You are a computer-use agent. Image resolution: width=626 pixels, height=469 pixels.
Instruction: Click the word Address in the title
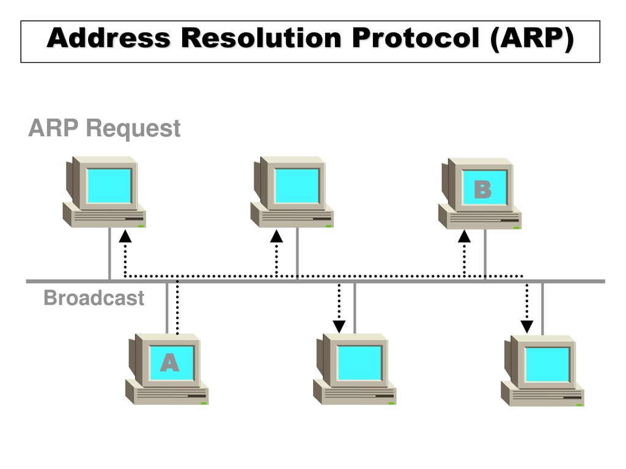pyautogui.click(x=109, y=38)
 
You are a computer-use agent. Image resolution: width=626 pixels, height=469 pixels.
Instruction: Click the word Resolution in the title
pyautogui.click(x=261, y=38)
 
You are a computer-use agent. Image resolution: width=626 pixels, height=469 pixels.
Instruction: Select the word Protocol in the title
pyautogui.click(x=416, y=38)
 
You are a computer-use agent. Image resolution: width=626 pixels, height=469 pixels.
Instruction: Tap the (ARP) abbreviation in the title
pyautogui.click(x=532, y=39)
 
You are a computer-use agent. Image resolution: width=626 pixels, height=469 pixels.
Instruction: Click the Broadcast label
pyautogui.click(x=94, y=298)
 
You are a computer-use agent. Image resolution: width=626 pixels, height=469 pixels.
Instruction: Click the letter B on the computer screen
pyautogui.click(x=482, y=189)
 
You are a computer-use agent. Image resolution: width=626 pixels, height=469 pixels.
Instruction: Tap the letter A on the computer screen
pyautogui.click(x=170, y=363)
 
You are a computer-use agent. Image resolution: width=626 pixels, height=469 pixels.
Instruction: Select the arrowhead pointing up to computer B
pyautogui.click(x=464, y=236)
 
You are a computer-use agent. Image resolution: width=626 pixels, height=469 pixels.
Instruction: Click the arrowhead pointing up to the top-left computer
pyautogui.click(x=125, y=236)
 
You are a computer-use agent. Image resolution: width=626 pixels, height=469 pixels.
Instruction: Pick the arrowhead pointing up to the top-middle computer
pyautogui.click(x=276, y=236)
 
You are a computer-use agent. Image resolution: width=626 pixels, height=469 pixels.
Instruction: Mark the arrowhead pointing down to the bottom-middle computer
pyautogui.click(x=339, y=327)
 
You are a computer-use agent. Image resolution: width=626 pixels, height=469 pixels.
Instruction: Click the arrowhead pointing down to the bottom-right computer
pyautogui.click(x=526, y=327)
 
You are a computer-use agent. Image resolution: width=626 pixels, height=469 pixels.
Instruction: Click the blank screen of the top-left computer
pyautogui.click(x=109, y=186)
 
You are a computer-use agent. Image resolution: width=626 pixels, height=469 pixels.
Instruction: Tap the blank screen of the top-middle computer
pyautogui.click(x=297, y=186)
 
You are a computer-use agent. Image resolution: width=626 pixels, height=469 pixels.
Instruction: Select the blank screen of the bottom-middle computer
pyautogui.click(x=359, y=363)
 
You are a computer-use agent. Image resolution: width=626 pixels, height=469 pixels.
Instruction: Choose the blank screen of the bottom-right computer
pyautogui.click(x=547, y=365)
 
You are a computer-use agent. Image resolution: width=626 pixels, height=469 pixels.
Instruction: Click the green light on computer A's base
pyautogui.click(x=204, y=403)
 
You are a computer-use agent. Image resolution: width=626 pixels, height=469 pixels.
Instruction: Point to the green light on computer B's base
pyautogui.click(x=517, y=228)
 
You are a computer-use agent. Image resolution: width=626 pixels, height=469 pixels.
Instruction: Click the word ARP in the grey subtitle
pyautogui.click(x=53, y=128)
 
